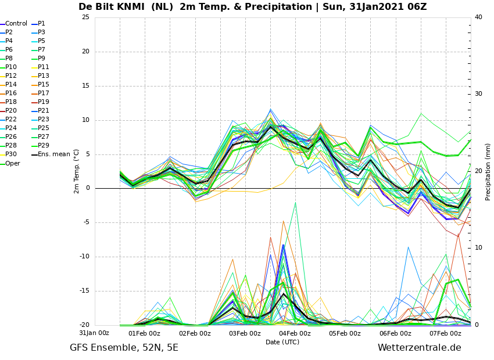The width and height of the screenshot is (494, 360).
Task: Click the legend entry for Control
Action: (x=14, y=24)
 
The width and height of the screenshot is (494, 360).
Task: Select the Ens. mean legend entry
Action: (x=51, y=154)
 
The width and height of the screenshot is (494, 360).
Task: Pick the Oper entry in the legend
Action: (x=10, y=163)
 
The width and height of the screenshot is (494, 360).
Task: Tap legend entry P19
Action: (x=40, y=102)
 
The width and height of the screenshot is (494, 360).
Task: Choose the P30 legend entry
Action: (x=9, y=154)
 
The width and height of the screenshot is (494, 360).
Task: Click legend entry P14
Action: (x=9, y=84)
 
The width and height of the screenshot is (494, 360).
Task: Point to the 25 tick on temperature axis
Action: (x=85, y=17)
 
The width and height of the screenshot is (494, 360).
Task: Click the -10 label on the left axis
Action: (x=84, y=257)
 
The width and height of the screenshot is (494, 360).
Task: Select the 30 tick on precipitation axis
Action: (x=478, y=94)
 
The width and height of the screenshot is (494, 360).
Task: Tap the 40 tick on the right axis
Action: (x=478, y=17)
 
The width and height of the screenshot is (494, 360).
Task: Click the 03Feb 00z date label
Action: (x=245, y=333)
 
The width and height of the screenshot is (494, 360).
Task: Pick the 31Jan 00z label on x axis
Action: (x=94, y=333)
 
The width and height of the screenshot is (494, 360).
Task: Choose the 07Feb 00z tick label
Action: (x=446, y=333)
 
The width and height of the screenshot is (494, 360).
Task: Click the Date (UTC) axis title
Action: (x=282, y=342)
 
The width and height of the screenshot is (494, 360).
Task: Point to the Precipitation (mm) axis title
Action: (x=488, y=172)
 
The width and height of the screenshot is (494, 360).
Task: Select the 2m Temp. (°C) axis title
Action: (x=77, y=171)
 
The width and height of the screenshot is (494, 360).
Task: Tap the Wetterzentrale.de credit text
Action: (x=420, y=348)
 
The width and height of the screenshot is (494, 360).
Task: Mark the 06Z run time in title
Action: (x=417, y=7)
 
